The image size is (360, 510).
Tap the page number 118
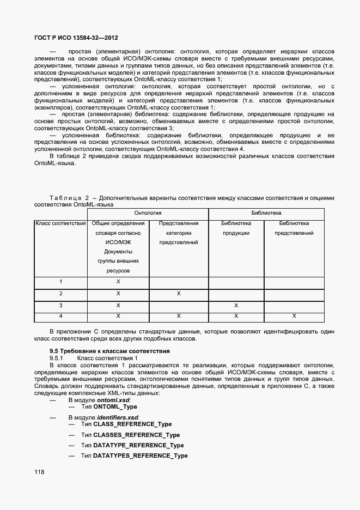(39, 472)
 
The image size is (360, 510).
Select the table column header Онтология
(148, 213)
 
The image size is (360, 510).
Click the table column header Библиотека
(266, 213)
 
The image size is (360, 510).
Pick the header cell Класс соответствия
(60, 223)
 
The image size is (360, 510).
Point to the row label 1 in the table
(60, 282)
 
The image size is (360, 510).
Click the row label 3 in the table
(60, 306)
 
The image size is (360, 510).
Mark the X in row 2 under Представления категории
(178, 294)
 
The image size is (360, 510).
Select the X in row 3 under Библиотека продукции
(236, 306)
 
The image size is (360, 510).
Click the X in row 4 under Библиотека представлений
(294, 316)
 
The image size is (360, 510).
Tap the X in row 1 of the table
(118, 282)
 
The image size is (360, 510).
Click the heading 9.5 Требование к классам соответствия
(109, 351)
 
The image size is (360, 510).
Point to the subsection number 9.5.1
(57, 358)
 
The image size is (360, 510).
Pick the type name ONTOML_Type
(115, 407)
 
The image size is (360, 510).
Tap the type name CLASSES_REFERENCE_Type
(136, 435)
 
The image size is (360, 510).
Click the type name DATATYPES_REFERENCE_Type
(141, 456)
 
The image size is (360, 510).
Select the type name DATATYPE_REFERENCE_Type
(138, 445)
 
